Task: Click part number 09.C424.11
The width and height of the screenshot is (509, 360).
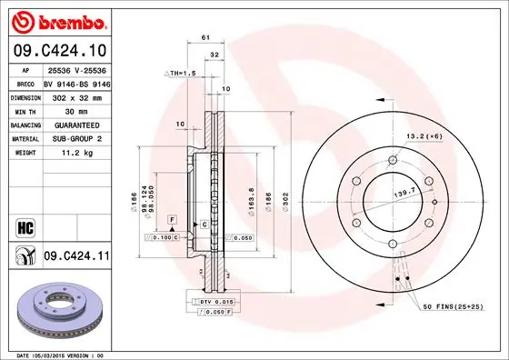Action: tap(75, 257)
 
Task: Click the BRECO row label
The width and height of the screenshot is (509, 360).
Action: tap(27, 81)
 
